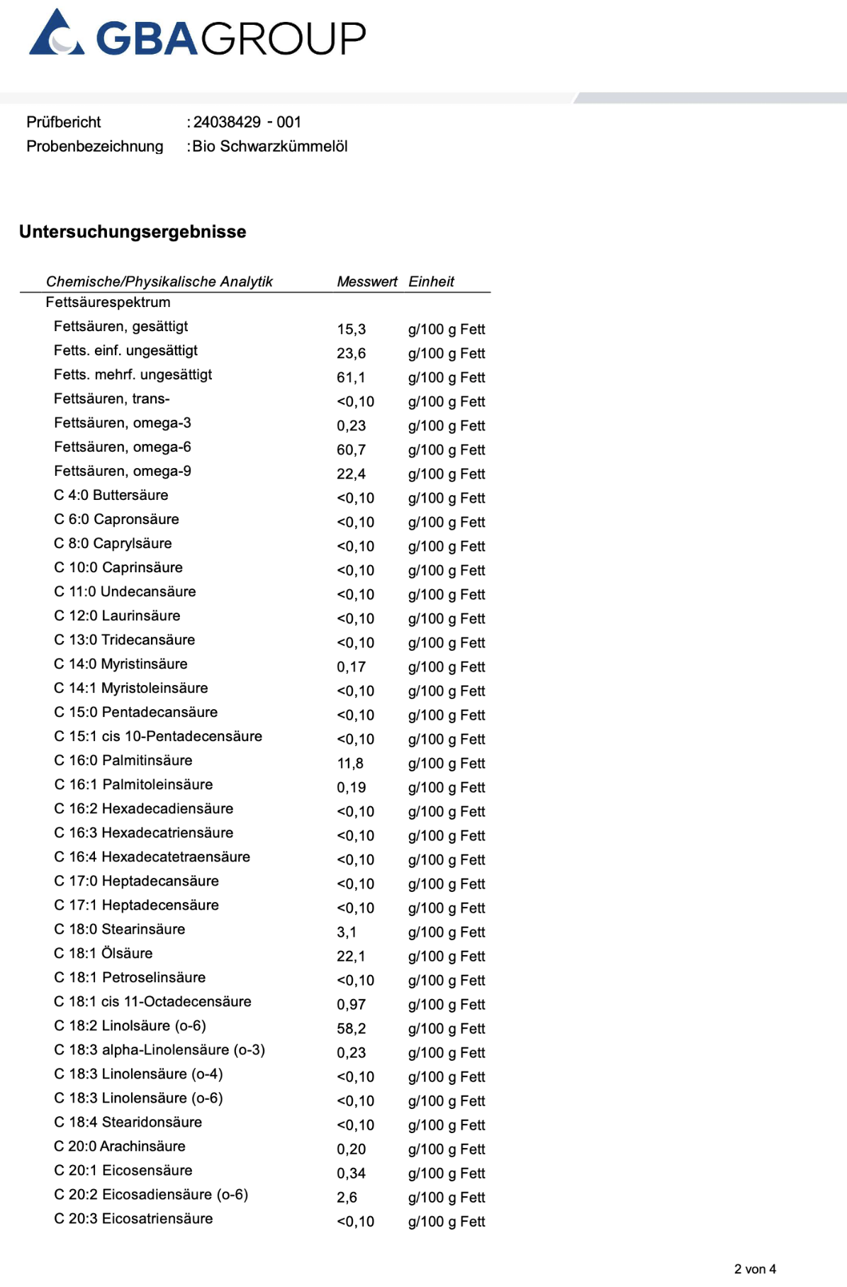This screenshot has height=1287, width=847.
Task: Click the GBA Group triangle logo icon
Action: tap(57, 34)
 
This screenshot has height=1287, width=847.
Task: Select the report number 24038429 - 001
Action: tap(247, 122)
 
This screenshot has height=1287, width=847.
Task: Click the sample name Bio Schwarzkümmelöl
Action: tap(270, 146)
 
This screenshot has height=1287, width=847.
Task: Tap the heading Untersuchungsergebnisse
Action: tap(133, 232)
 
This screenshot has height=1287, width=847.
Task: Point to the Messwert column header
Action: tap(366, 282)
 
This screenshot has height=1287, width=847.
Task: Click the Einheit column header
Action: tap(431, 282)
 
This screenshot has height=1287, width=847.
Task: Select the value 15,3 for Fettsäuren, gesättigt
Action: tap(352, 329)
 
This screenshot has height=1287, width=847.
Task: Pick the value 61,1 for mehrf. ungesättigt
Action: tap(351, 377)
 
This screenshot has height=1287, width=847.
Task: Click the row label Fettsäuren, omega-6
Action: tap(123, 447)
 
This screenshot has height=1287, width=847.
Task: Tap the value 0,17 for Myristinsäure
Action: tap(352, 667)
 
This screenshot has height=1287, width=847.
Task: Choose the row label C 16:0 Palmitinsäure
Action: tap(123, 760)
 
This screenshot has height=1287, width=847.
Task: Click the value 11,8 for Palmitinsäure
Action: tap(350, 763)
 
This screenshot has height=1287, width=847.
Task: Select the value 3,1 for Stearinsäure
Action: tap(347, 932)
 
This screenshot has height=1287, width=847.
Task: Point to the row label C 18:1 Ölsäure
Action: tap(103, 953)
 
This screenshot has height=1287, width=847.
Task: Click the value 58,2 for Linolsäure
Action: tap(352, 1028)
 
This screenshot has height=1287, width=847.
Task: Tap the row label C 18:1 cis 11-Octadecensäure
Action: tap(152, 1001)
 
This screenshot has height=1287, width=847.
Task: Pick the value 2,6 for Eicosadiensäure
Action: tap(347, 1197)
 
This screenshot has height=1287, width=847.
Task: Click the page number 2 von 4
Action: tap(755, 1269)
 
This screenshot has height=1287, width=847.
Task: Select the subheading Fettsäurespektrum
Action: tap(108, 302)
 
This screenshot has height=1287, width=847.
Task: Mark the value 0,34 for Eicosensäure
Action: tap(352, 1173)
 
